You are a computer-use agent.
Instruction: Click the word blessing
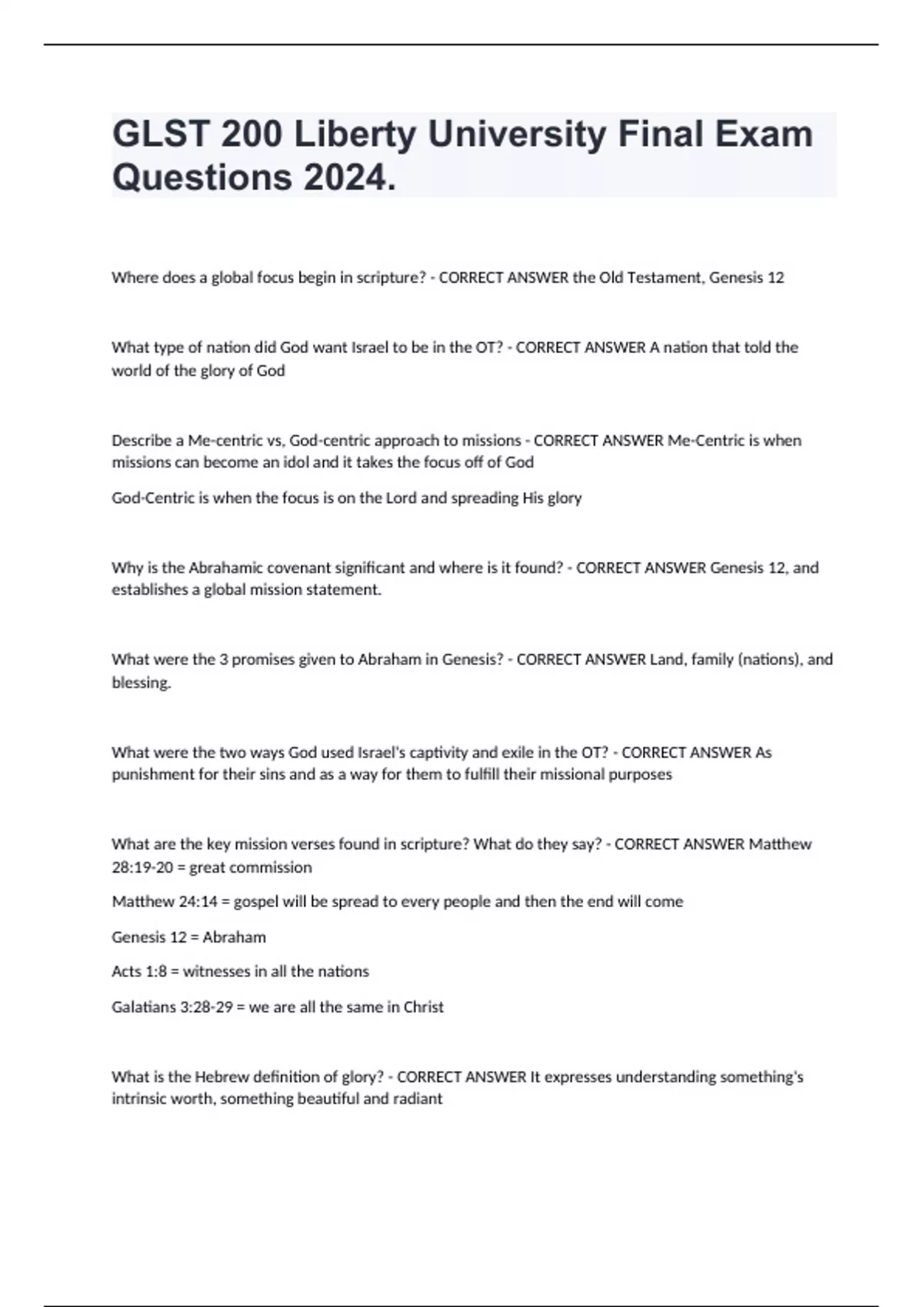[141, 683]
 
